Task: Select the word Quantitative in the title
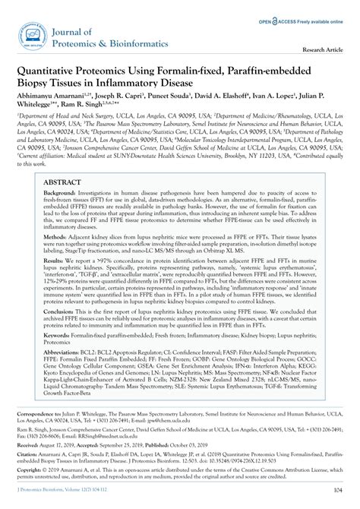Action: coord(52,71)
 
